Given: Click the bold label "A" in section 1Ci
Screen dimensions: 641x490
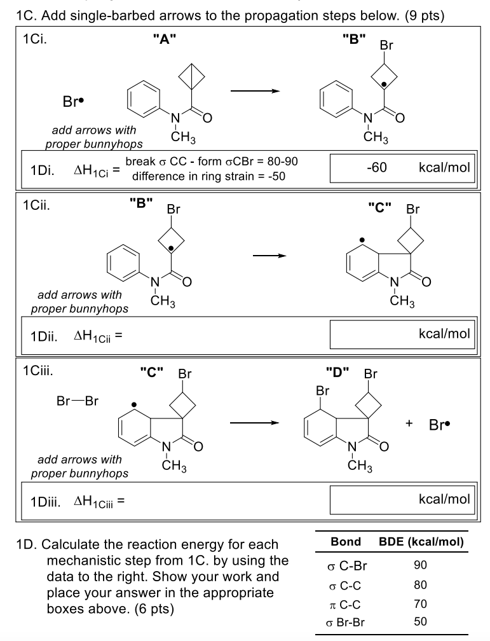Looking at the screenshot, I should point(163,40).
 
